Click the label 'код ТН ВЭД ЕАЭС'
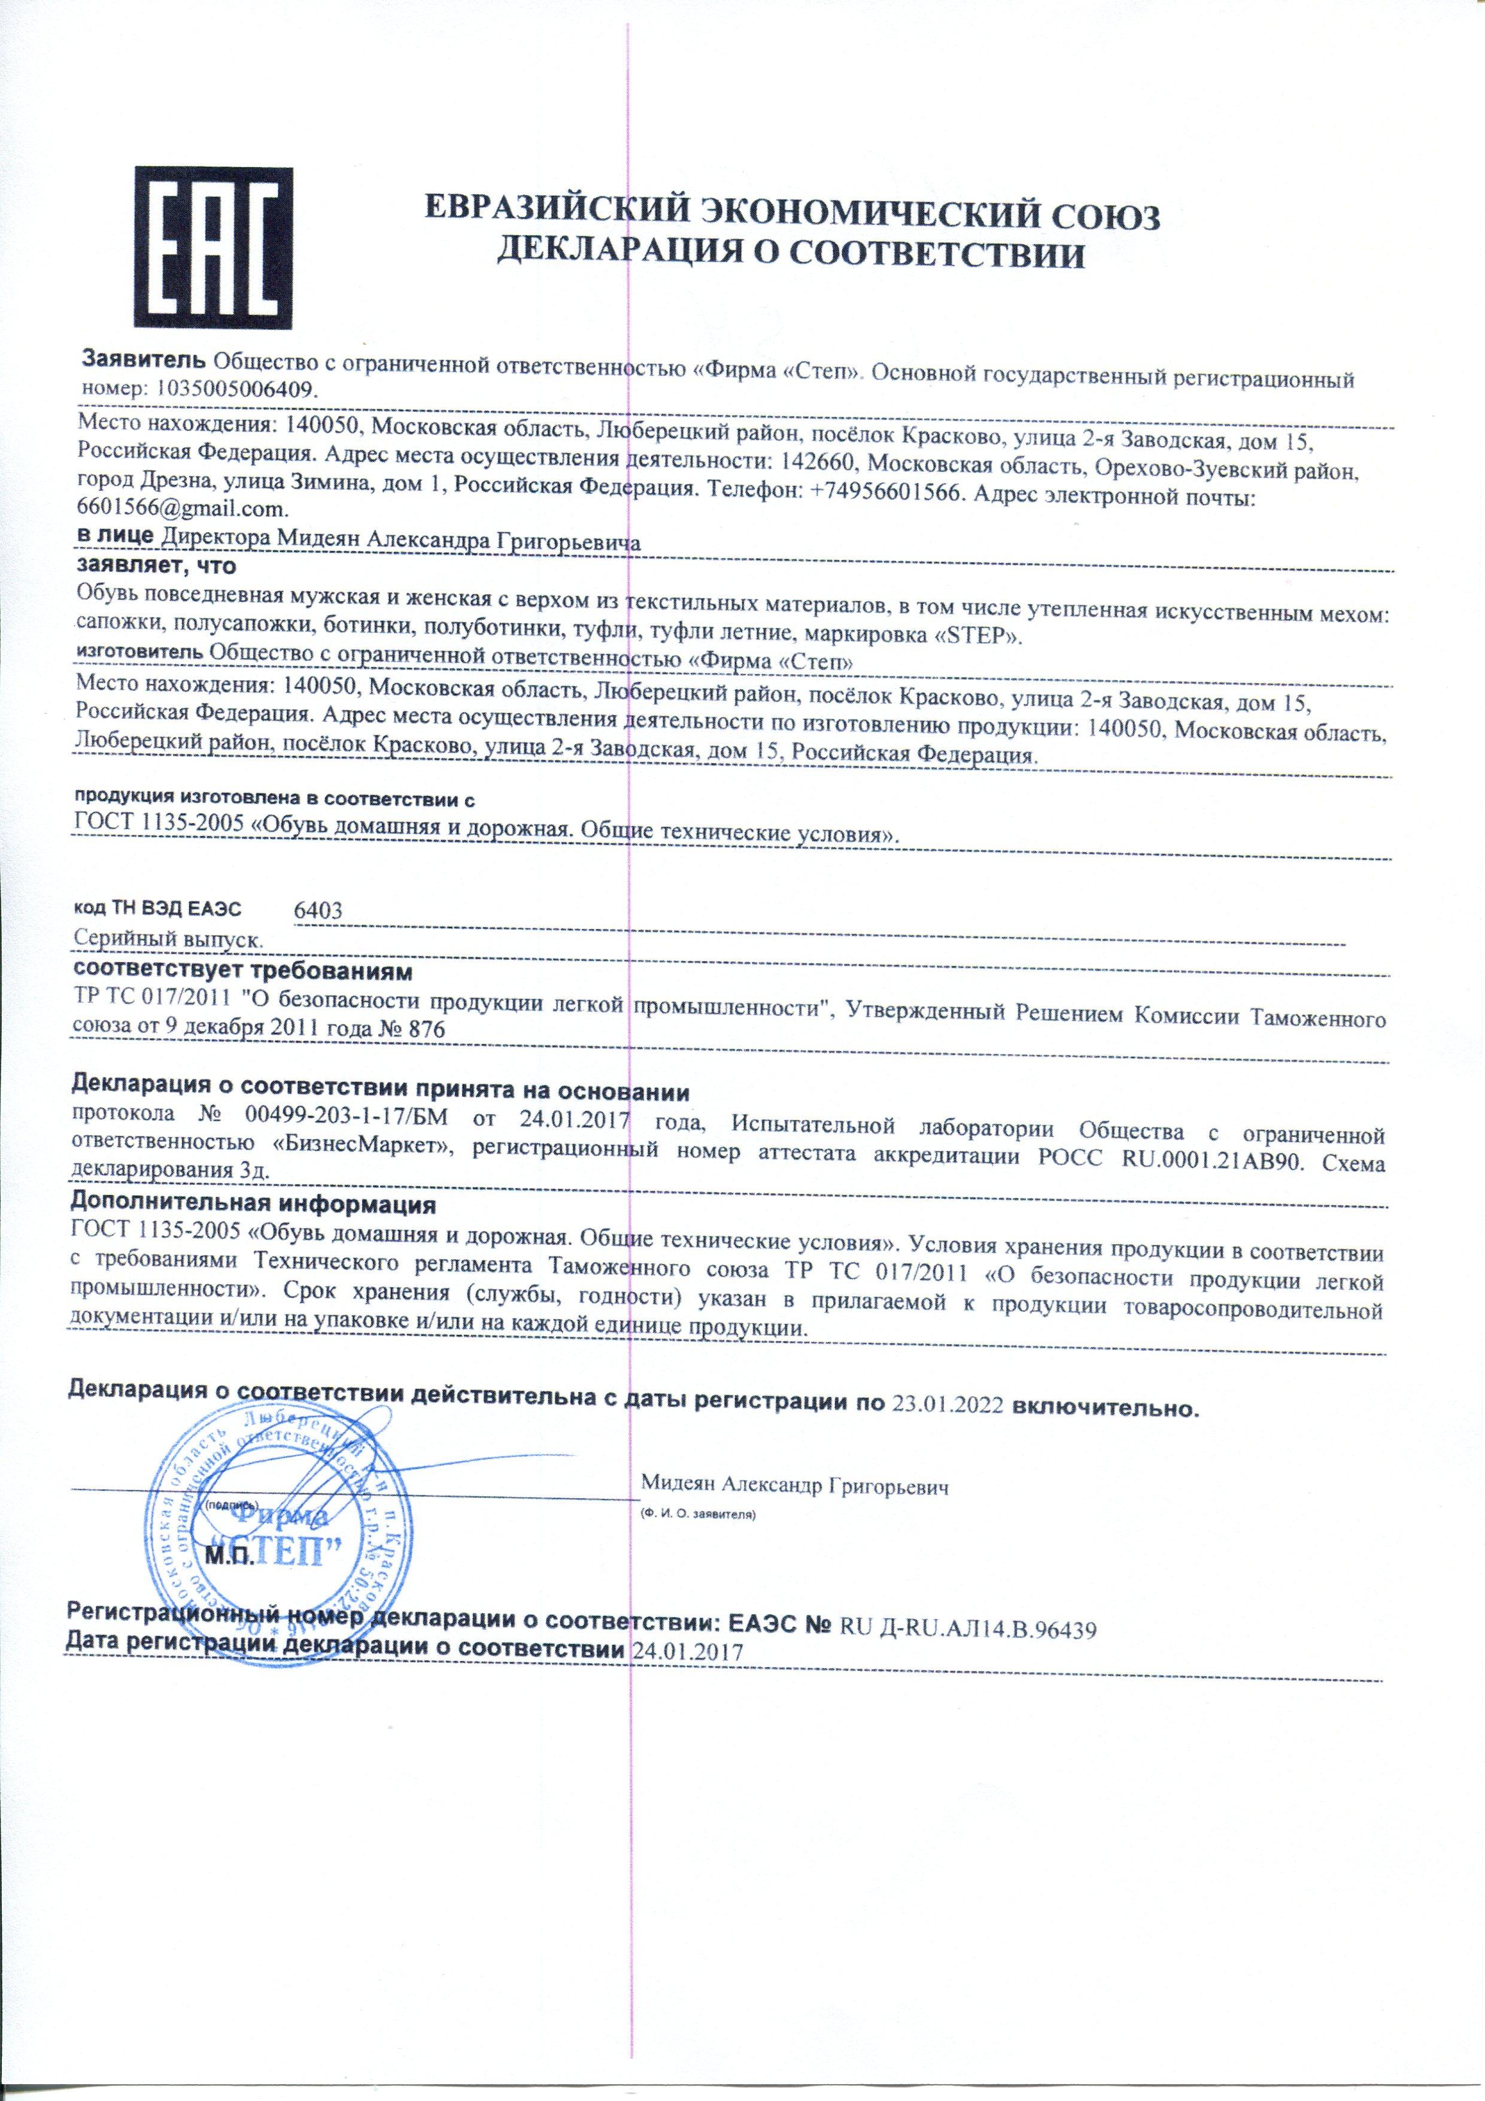coord(157,909)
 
